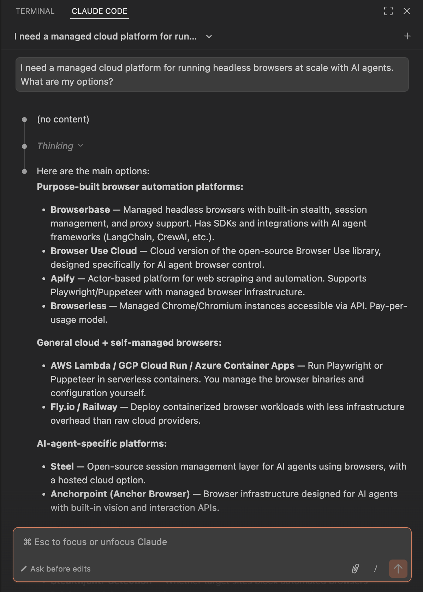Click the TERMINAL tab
click(x=35, y=11)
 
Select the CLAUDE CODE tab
click(x=99, y=11)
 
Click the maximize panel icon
click(x=388, y=11)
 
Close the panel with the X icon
click(x=407, y=11)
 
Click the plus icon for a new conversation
click(x=407, y=36)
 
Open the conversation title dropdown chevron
click(x=209, y=36)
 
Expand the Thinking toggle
click(x=60, y=146)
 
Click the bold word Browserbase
click(x=80, y=210)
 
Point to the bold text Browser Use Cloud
click(x=94, y=251)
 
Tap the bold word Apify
click(x=62, y=278)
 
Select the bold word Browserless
click(x=78, y=306)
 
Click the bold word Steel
click(x=62, y=466)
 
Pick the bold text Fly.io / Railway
click(x=84, y=407)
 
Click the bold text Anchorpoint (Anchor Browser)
click(x=120, y=494)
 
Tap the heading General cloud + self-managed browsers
click(x=129, y=343)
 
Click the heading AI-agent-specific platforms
click(x=102, y=443)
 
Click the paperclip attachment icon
click(x=355, y=568)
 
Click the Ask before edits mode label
click(x=60, y=569)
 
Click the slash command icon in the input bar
click(x=375, y=568)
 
